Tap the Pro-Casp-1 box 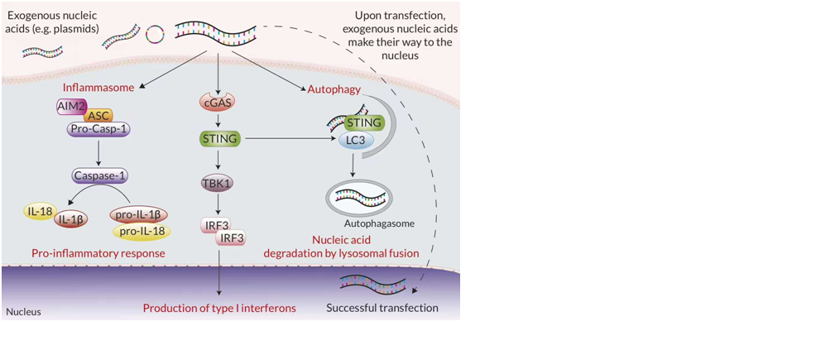98,130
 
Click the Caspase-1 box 98,176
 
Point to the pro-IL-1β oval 138,215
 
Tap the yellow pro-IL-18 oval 142,231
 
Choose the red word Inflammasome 98,88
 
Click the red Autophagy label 334,90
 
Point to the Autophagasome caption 379,224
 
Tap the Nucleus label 23,313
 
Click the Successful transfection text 382,308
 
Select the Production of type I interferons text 220,308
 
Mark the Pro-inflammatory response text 98,254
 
